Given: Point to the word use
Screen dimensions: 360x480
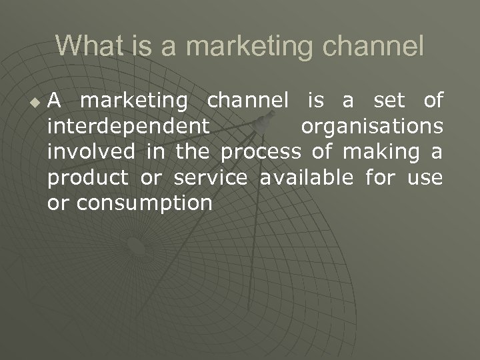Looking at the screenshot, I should tap(425, 178).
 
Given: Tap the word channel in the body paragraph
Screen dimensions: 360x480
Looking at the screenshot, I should tap(248, 101).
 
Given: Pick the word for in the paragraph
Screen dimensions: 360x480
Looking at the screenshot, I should tap(380, 178).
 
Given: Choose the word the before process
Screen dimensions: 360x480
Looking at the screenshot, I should tap(193, 152).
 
